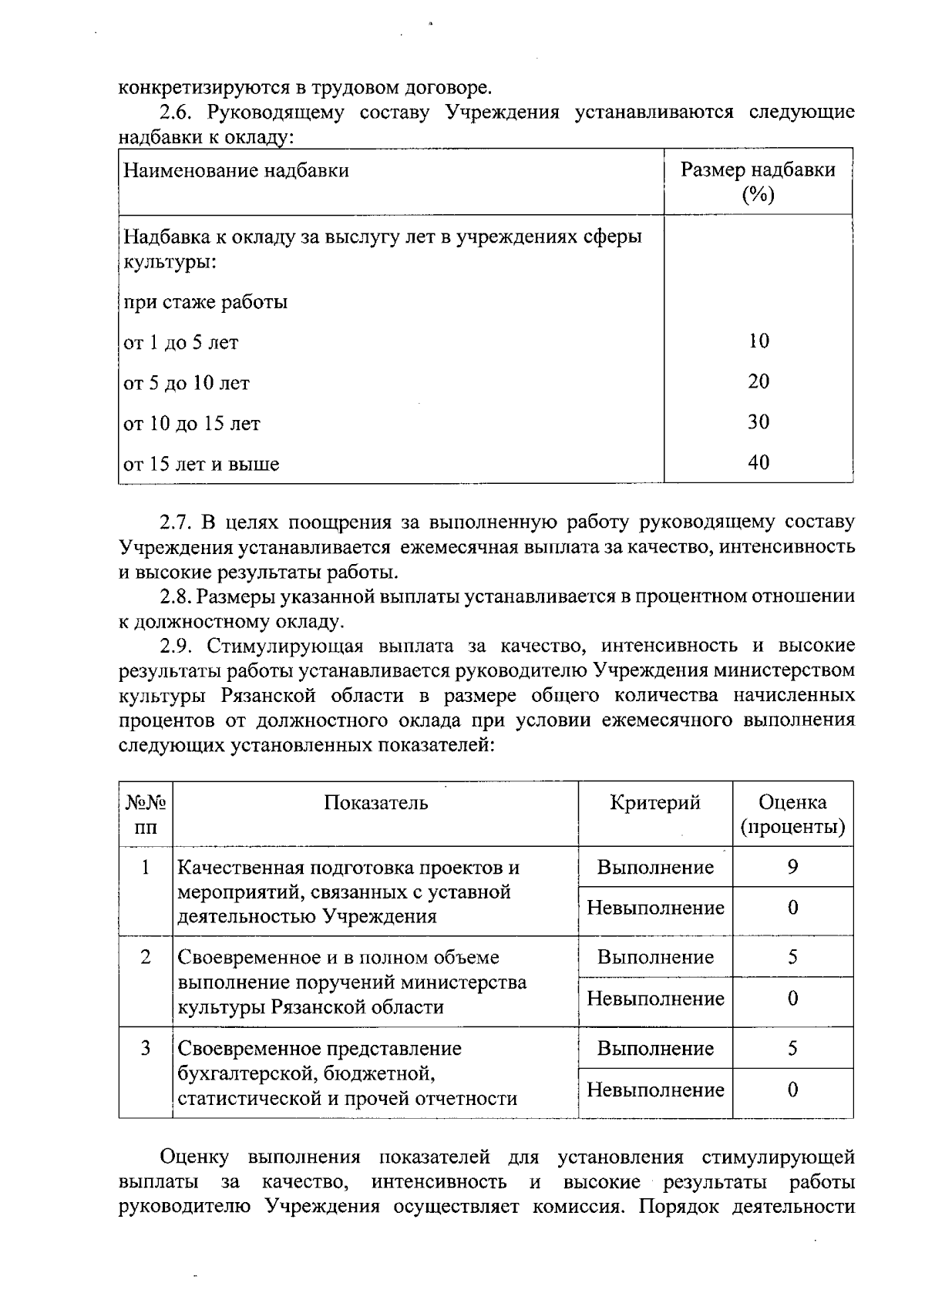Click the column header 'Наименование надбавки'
pos(236,170)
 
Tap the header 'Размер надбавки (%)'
pos(757,182)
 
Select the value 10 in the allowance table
pos(758,341)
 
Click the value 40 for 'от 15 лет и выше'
pos(758,462)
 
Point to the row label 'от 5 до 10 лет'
pos(187,383)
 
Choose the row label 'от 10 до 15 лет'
pos(193,424)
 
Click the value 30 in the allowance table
pos(758,421)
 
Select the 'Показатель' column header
pos(375,803)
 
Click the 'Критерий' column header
pos(655,803)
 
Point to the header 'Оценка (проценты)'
pos(792,815)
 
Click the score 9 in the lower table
pos(792,867)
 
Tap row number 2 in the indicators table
pos(146,957)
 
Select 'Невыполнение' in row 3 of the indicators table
pos(655,1090)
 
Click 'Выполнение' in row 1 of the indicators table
pos(655,868)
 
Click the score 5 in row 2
pos(792,957)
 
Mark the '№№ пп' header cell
pos(146,815)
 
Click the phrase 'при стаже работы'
pos(206,302)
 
